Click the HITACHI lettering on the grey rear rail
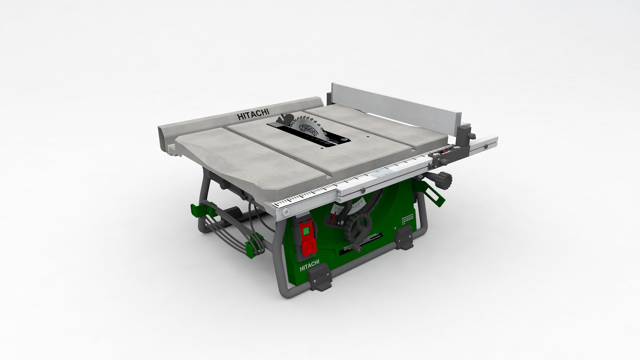(253, 114)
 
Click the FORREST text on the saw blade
(309, 131)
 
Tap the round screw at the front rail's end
(286, 212)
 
